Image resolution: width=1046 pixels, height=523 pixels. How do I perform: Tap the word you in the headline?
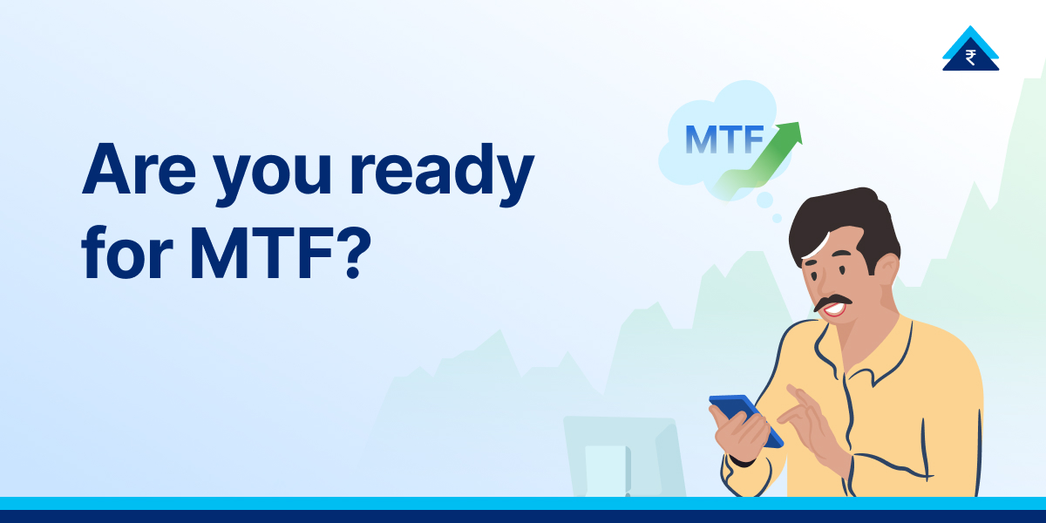[x=280, y=179]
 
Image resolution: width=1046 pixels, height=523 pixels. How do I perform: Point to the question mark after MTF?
[x=345, y=252]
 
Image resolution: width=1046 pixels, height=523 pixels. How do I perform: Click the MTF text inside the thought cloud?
[x=724, y=139]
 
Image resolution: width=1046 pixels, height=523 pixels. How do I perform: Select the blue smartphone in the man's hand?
[x=745, y=418]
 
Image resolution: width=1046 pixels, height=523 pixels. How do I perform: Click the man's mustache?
[x=832, y=302]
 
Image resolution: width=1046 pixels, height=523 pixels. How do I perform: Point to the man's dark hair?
[x=841, y=222]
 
